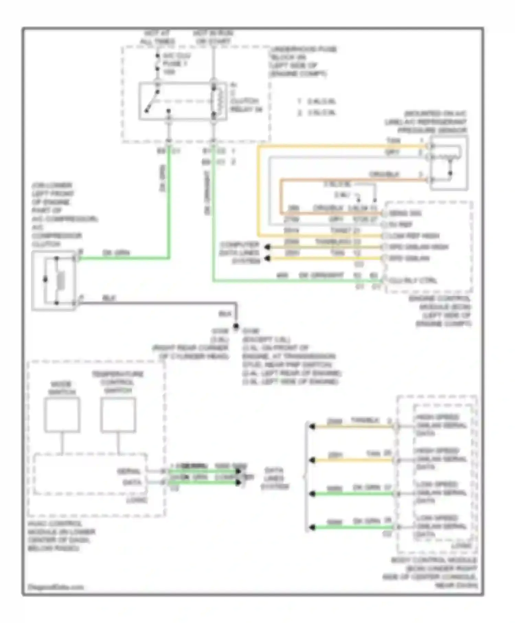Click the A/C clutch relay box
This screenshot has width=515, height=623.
click(183, 101)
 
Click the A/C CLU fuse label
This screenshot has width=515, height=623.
click(176, 64)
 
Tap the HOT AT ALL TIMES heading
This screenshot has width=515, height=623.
click(157, 37)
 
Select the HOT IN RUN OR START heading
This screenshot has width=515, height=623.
click(213, 37)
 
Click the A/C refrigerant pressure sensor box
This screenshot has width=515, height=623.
click(449, 162)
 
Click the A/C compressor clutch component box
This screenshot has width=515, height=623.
click(54, 280)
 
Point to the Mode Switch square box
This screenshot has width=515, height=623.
click(62, 415)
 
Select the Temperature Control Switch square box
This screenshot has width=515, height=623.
click(118, 415)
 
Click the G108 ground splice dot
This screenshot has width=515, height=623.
click(236, 326)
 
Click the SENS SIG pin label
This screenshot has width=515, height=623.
click(405, 213)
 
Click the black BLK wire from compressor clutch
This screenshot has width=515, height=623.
click(154, 303)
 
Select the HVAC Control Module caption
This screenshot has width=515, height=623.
click(61, 536)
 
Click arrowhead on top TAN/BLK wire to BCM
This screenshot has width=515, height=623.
click(312, 427)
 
